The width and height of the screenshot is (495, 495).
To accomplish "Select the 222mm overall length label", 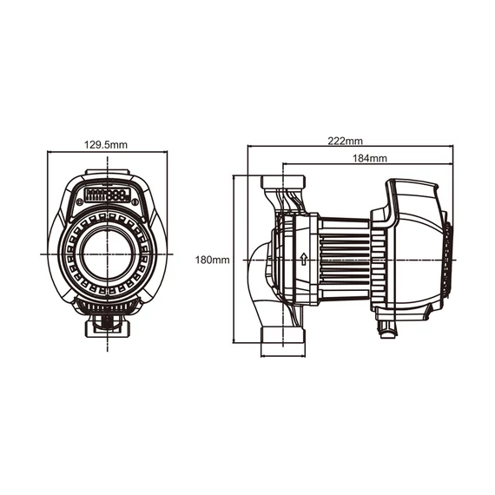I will click(346, 139).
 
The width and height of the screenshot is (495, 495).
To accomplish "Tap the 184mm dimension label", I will click(371, 159).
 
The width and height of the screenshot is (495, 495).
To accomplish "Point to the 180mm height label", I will click(212, 260).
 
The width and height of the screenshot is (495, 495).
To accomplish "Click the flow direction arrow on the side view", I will click(303, 258).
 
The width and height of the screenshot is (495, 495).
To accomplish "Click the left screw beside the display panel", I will click(76, 195).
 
